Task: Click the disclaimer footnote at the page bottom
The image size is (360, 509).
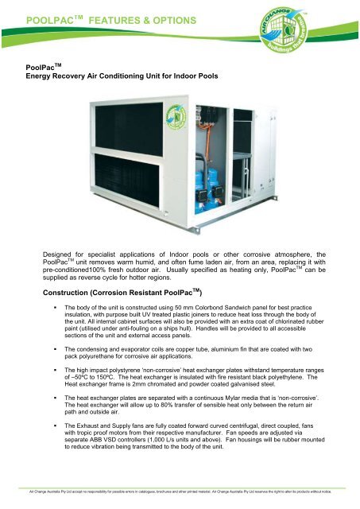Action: [x=180, y=493]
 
